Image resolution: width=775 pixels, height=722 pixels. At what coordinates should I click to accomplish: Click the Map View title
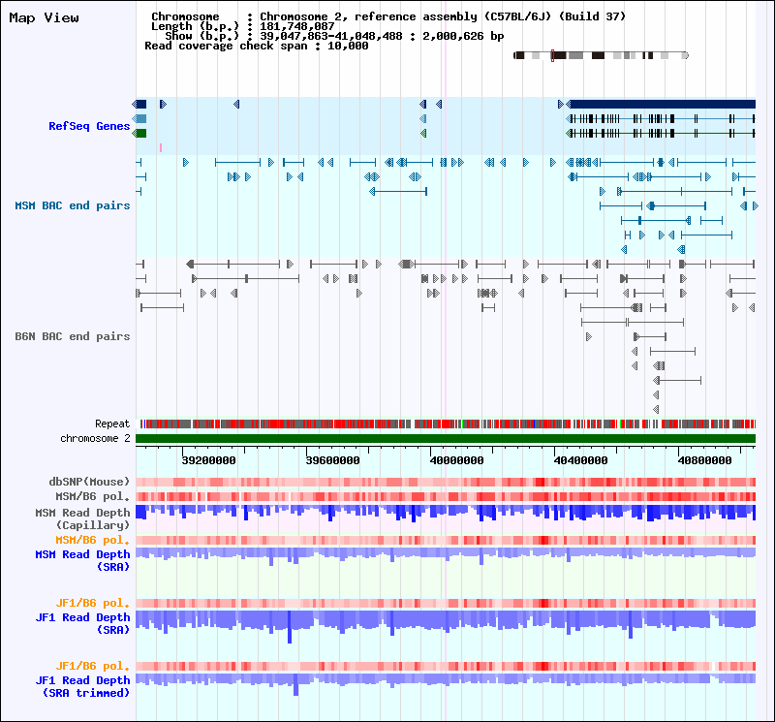(45, 17)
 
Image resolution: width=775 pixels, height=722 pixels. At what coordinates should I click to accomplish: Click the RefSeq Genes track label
(89, 126)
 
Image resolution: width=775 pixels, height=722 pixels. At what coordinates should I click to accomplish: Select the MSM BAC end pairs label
(72, 205)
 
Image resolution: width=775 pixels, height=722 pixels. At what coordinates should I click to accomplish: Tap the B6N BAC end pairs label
(72, 336)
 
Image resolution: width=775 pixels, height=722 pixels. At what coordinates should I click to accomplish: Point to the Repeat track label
(112, 424)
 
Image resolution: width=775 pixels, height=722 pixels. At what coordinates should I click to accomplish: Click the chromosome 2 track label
(95, 438)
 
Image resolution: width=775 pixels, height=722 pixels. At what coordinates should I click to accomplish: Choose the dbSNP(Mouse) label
(89, 482)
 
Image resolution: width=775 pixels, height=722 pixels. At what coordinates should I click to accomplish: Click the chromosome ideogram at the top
(601, 56)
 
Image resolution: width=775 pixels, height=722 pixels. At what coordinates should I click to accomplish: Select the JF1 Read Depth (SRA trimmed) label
(82, 686)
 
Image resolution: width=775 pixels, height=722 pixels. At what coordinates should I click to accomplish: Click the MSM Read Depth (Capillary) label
(82, 518)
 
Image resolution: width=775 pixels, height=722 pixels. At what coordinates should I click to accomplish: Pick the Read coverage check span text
(257, 46)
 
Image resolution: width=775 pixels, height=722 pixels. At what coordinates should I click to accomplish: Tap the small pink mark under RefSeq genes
(161, 147)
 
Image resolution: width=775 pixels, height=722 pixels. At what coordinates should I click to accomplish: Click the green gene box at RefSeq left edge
(140, 133)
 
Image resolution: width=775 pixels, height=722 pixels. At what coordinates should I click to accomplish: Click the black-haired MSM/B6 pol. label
(95, 496)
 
